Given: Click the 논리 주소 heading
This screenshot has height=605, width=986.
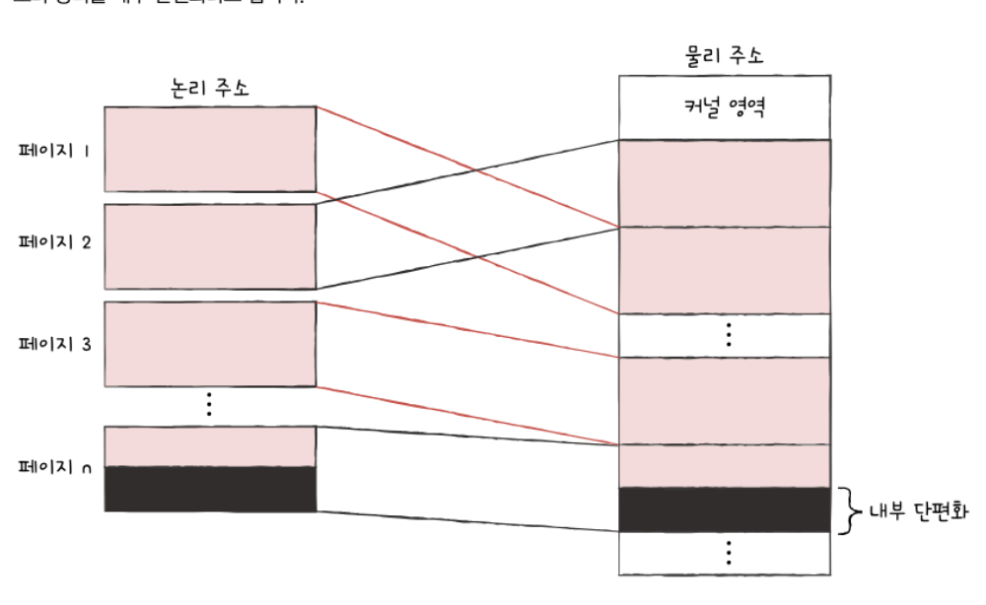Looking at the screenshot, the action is (209, 87).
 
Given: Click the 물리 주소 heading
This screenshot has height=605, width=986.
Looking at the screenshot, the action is (725, 56).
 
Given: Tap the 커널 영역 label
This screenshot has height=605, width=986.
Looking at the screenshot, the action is (725, 106).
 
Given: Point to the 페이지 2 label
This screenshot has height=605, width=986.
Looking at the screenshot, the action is (54, 242).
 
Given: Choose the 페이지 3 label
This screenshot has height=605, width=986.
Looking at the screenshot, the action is (54, 344).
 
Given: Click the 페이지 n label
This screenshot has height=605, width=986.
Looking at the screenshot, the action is (54, 467).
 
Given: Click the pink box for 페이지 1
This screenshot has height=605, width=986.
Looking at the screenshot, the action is (209, 149).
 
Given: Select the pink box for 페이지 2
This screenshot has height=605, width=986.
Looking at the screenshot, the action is (209, 246).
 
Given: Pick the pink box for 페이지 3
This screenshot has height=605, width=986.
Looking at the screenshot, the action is (209, 344).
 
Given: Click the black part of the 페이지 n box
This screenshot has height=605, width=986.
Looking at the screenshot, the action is (209, 489).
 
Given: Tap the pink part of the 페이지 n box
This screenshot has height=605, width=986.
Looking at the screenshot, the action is (209, 446).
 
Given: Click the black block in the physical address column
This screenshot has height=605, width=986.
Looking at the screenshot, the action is (725, 509).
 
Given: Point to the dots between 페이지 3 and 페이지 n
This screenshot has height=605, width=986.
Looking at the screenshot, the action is (209, 404).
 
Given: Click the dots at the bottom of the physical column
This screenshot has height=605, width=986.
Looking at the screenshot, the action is (728, 554).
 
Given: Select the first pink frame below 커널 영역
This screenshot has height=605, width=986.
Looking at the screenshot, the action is (725, 183).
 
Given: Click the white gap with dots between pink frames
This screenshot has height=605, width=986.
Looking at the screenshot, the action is (725, 335).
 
